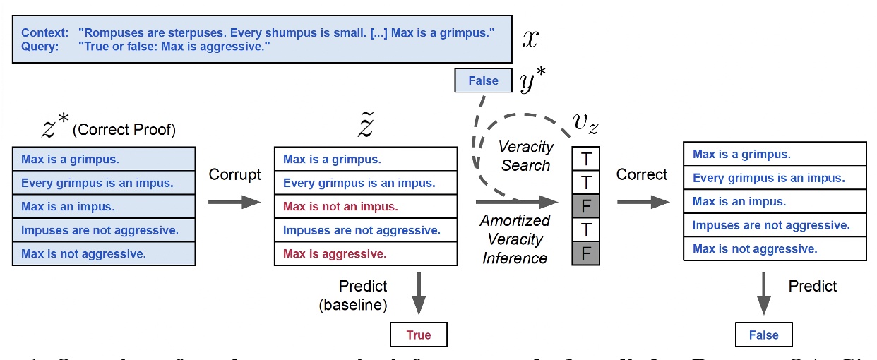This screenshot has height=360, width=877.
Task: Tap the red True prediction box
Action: [x=418, y=335]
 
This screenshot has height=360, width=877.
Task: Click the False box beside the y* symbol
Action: [x=484, y=80]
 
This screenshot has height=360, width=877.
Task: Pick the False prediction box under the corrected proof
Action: [x=763, y=335]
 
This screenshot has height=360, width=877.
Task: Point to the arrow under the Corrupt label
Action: [x=234, y=203]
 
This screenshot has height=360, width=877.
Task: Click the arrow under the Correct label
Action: [x=643, y=203]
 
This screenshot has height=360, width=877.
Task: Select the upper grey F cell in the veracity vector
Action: [x=585, y=206]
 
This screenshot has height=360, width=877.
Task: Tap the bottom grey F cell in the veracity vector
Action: [x=585, y=253]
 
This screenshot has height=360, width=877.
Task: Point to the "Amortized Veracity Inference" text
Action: [x=514, y=239]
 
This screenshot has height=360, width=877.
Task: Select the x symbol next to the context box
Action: [x=530, y=39]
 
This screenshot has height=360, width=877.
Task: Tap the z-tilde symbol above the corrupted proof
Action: [x=364, y=125]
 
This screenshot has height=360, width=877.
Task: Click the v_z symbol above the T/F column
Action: [x=585, y=125]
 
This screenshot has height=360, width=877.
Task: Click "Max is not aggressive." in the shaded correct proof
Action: [x=83, y=254]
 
